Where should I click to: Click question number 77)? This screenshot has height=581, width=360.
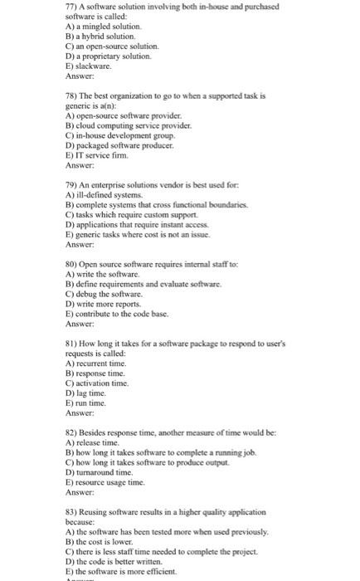point(73,6)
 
